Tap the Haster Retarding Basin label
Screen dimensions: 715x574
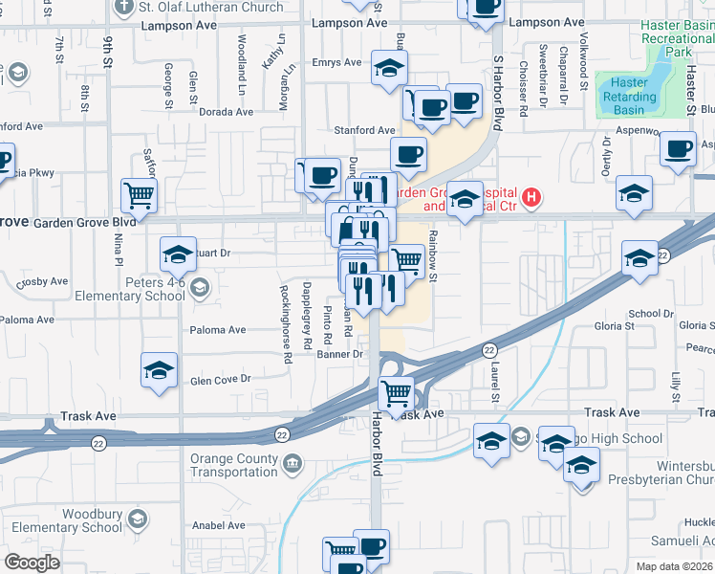click(x=630, y=97)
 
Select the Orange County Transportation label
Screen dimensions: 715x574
click(x=232, y=465)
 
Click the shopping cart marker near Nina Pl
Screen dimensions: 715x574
click(x=139, y=195)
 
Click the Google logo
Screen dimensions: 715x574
click(x=32, y=563)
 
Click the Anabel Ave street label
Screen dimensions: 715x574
click(x=219, y=525)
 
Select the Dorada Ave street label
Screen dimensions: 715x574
click(x=227, y=111)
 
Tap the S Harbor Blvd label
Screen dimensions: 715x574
click(x=498, y=85)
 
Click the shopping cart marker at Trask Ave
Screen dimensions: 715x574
click(x=396, y=391)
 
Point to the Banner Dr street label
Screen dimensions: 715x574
click(x=340, y=354)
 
